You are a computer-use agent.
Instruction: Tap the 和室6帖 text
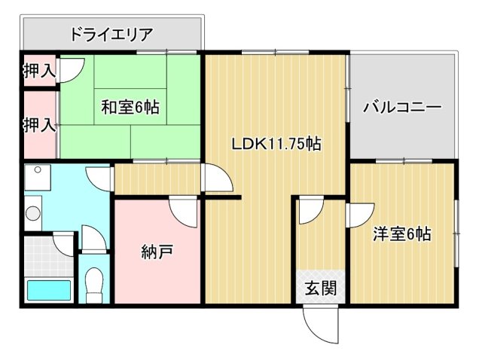[x=130, y=107]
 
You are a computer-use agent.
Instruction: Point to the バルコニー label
[x=402, y=107]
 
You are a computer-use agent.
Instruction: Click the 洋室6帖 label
[x=402, y=234]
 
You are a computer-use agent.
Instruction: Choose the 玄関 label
[x=320, y=287]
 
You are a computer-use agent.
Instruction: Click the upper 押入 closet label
[x=38, y=72]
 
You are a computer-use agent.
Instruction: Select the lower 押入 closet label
[x=38, y=124]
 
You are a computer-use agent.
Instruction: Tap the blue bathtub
[x=48, y=290]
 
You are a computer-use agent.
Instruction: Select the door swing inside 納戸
[x=183, y=211]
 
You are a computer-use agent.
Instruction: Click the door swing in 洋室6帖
[x=358, y=215]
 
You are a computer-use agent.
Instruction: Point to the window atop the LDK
[x=275, y=51]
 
